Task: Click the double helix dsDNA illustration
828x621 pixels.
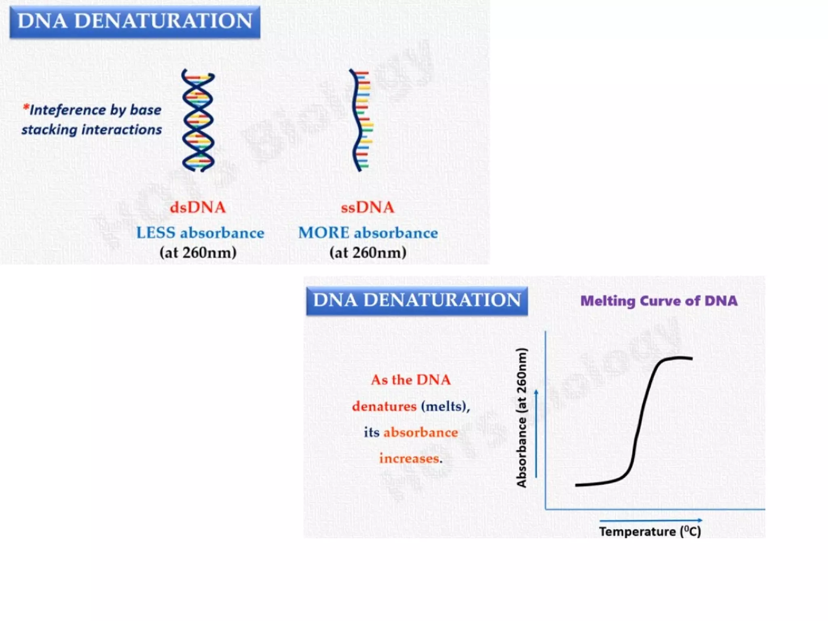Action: (198, 120)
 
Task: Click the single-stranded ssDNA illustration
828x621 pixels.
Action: (361, 120)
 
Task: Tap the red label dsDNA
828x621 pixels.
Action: (197, 207)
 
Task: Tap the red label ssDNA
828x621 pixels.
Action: (367, 207)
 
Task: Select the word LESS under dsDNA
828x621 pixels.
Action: (156, 233)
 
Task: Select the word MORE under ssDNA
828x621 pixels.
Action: (323, 233)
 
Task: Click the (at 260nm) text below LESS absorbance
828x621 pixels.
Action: (198, 253)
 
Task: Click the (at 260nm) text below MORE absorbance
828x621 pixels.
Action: (368, 253)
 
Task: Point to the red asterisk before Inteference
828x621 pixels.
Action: (26, 108)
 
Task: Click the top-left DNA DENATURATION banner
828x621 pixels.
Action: (135, 21)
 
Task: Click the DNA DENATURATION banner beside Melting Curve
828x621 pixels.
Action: (417, 300)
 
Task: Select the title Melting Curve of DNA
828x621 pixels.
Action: (659, 301)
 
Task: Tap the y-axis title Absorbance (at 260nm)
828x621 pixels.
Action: (522, 418)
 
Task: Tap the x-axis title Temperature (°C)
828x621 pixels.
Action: (650, 531)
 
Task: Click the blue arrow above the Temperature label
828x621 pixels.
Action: (651, 520)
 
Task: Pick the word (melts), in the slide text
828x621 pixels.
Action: (445, 406)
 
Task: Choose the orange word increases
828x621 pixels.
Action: (409, 458)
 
